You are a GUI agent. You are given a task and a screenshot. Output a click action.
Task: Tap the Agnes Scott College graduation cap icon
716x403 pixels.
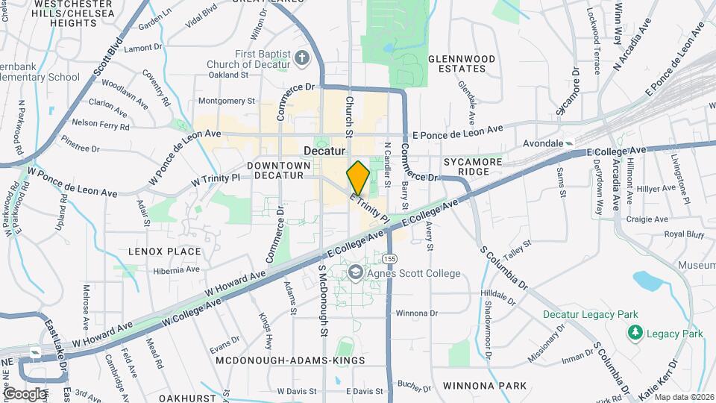pyautogui.click(x=354, y=274)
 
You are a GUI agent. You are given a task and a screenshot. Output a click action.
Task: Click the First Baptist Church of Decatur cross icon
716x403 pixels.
pyautogui.click(x=302, y=57)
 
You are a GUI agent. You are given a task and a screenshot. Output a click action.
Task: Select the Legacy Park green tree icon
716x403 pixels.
pyautogui.click(x=635, y=332)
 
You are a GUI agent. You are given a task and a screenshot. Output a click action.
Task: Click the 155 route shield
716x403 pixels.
pyautogui.click(x=389, y=258)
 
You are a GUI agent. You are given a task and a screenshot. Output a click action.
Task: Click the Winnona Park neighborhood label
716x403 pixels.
pyautogui.click(x=485, y=386)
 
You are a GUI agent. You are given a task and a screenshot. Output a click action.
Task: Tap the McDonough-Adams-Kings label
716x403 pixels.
pyautogui.click(x=290, y=360)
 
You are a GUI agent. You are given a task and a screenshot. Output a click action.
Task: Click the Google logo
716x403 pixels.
pyautogui.click(x=25, y=394)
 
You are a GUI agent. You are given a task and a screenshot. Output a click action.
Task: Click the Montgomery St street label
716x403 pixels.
pyautogui.click(x=227, y=101)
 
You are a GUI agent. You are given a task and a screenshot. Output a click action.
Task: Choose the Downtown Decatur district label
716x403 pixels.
pyautogui.click(x=275, y=170)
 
